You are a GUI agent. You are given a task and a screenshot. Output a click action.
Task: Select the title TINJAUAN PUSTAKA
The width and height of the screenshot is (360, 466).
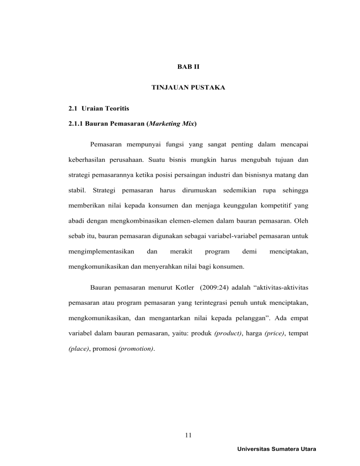click(x=180, y=87)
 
